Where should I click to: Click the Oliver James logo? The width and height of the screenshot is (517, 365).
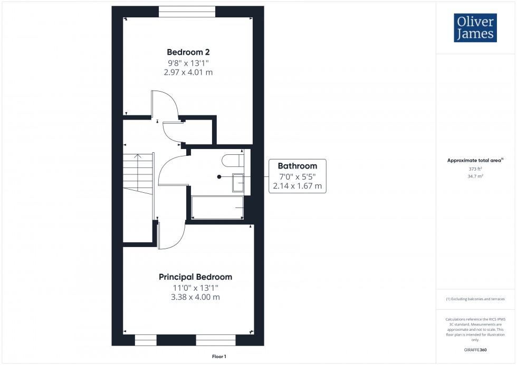[x=475, y=28]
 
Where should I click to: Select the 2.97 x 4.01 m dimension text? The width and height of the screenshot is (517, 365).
[x=188, y=72]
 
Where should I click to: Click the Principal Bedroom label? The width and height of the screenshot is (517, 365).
[x=195, y=277]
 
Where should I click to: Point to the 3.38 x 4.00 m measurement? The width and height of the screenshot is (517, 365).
[x=195, y=297]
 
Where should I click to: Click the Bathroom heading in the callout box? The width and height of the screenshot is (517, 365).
[x=297, y=166]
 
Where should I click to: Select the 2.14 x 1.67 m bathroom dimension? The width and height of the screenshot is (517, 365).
[x=297, y=186]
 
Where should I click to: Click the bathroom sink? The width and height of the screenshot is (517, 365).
[x=238, y=182]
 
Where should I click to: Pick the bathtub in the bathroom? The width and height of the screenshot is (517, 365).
[x=217, y=208]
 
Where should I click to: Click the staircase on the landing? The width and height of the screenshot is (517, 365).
[x=138, y=174]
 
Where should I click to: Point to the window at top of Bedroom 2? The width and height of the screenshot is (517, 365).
[x=187, y=12]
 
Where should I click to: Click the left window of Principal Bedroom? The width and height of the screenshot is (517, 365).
[x=146, y=340]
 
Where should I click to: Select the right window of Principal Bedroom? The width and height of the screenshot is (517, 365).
[x=215, y=340]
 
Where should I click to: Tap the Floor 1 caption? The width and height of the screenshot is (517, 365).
[x=219, y=357]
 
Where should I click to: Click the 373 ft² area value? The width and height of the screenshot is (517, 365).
[x=475, y=169]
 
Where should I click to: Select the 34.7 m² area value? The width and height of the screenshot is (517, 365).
[x=475, y=176]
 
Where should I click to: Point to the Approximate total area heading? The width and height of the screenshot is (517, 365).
[x=475, y=160]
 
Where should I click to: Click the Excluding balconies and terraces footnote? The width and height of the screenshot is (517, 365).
[x=475, y=299]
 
